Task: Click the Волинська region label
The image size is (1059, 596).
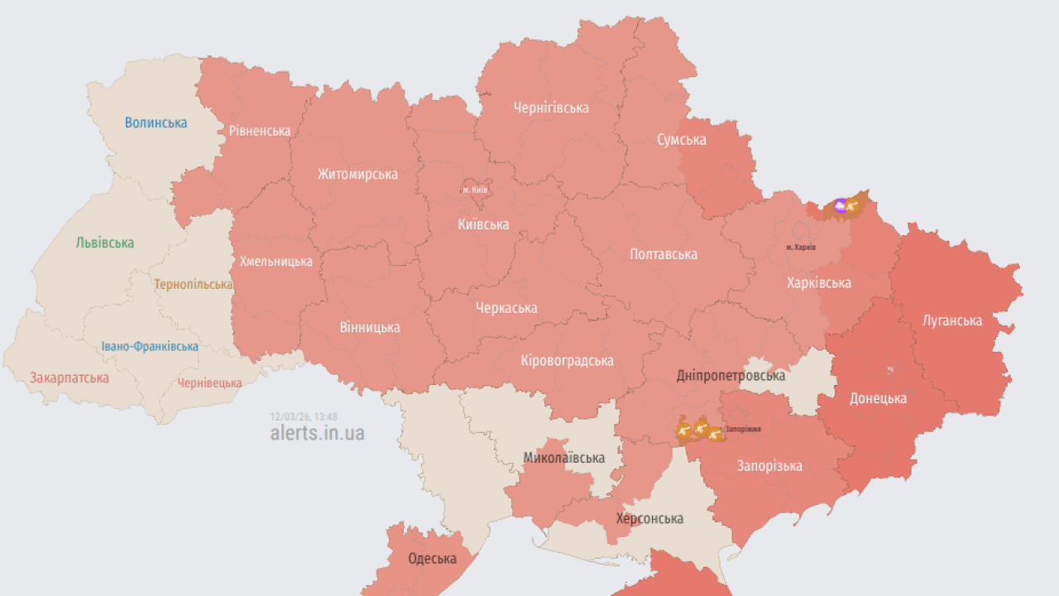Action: click(156, 123)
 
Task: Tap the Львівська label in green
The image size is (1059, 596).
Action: click(104, 243)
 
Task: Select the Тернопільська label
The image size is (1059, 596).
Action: click(194, 285)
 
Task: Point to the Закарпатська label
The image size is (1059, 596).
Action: click(69, 378)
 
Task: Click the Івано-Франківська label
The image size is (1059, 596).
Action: click(150, 347)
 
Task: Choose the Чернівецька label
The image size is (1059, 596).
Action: click(209, 383)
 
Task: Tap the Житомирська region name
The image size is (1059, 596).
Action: click(357, 175)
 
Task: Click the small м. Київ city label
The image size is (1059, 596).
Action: click(475, 190)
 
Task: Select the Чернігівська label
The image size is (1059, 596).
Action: click(551, 108)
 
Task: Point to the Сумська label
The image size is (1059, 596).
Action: click(682, 140)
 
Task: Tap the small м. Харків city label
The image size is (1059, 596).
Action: click(801, 248)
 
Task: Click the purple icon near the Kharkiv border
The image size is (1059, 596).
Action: click(841, 205)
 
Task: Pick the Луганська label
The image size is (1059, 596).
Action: click(952, 320)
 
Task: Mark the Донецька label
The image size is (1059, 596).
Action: click(878, 398)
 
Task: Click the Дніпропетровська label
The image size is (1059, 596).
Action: click(731, 376)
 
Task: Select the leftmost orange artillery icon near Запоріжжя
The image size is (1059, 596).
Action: click(685, 430)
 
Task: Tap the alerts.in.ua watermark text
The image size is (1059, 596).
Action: click(317, 433)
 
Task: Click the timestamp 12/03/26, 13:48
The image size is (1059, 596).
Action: click(304, 416)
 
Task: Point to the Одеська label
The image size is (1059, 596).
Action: click(432, 559)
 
